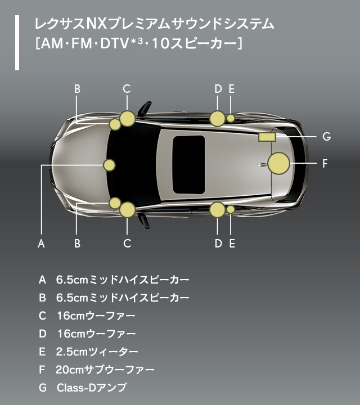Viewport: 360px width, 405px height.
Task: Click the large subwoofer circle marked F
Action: (x=278, y=163)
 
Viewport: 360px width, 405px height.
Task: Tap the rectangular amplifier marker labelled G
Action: (x=266, y=136)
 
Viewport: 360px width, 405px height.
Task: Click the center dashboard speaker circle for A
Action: (x=109, y=165)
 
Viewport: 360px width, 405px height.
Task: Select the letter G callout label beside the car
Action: (x=326, y=136)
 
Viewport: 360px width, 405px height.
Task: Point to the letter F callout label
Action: (x=325, y=164)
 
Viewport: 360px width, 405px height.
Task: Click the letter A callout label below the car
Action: (x=40, y=244)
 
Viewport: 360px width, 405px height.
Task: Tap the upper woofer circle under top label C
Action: (x=128, y=118)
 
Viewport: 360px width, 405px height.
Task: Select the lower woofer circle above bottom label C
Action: (x=128, y=210)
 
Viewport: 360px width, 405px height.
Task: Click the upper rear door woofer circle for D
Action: (x=217, y=118)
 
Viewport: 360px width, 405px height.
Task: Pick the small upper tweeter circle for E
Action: (x=231, y=118)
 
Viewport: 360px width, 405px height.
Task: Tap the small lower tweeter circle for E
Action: (x=231, y=209)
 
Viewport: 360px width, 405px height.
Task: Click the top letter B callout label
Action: (x=77, y=88)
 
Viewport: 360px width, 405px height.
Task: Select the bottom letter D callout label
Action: (x=218, y=244)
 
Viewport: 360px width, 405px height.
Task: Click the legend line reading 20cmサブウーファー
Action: (x=105, y=370)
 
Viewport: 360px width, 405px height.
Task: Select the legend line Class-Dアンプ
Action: (x=92, y=388)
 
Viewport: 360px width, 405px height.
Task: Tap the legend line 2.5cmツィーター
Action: (x=97, y=352)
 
